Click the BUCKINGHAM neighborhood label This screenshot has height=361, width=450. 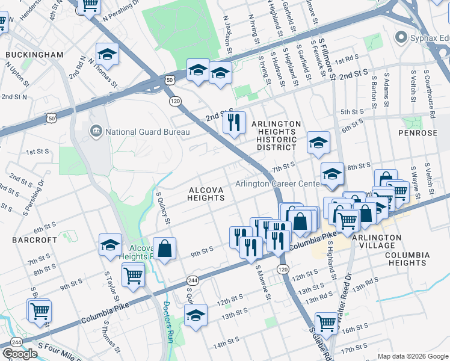click(34, 55)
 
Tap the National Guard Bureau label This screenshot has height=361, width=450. click(147, 132)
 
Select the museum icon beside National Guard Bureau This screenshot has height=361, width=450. click(96, 132)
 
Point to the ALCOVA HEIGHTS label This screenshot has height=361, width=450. click(206, 194)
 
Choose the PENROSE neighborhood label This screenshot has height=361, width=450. click(416, 132)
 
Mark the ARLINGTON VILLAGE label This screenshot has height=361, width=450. click(376, 238)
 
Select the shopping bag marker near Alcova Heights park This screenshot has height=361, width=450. click(164, 247)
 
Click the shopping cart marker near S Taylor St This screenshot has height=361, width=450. click(132, 276)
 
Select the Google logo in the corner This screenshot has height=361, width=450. click(20, 353)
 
